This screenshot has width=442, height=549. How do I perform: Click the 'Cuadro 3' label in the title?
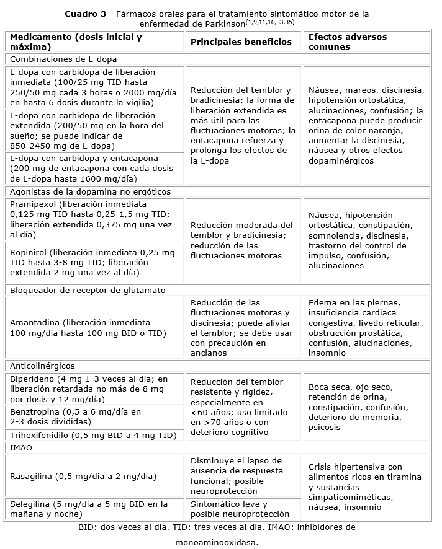click(x=84, y=13)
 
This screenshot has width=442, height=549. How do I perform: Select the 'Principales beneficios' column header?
click(x=241, y=42)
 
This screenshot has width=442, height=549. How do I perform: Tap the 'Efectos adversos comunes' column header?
click(x=347, y=42)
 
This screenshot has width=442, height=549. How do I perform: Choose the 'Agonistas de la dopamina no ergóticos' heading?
click(x=90, y=191)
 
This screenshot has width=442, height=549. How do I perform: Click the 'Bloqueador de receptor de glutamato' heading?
click(x=88, y=290)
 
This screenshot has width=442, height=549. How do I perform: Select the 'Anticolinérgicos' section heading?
click(x=42, y=366)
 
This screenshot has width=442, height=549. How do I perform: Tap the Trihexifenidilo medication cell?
click(x=93, y=435)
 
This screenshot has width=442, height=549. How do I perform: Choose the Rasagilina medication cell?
click(x=83, y=477)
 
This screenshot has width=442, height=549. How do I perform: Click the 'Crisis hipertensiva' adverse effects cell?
click(x=366, y=487)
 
